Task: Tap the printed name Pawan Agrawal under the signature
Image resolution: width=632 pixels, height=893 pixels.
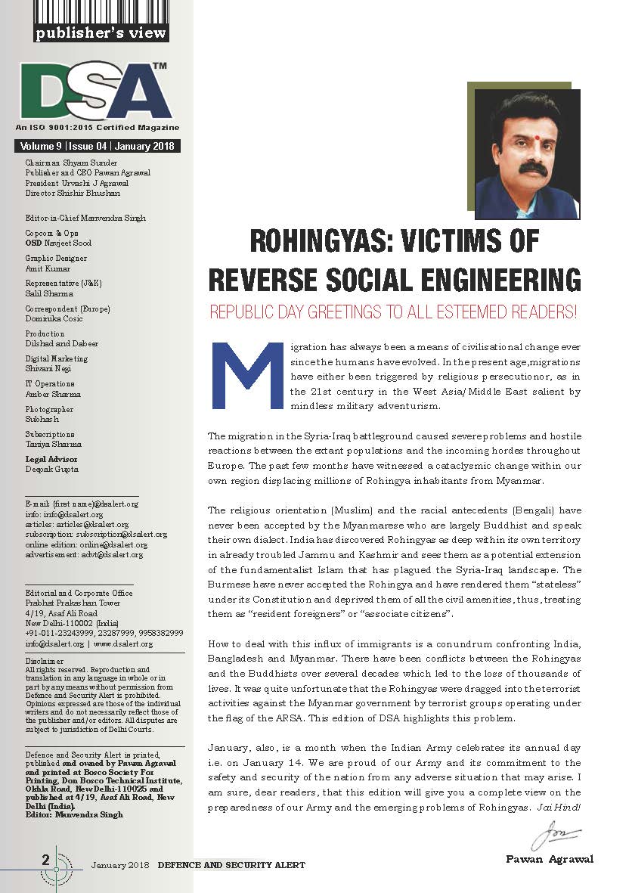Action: coord(550,859)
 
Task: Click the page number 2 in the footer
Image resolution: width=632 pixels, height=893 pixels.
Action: coord(46,859)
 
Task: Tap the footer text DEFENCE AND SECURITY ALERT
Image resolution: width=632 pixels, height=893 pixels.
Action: coord(231,864)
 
